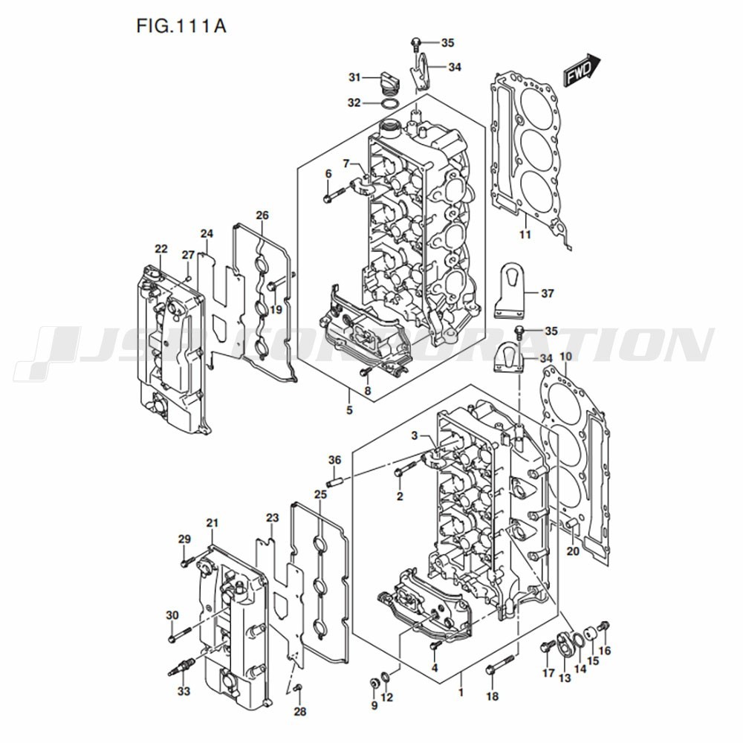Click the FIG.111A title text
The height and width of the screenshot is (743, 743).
(181, 26)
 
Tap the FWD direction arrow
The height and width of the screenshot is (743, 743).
(582, 70)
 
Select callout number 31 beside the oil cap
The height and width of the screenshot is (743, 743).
(355, 77)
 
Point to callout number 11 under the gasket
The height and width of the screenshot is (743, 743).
(525, 234)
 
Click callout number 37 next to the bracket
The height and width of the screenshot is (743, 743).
(548, 293)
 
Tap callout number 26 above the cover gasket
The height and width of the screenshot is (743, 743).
(262, 215)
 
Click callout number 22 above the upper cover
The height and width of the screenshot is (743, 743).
(161, 249)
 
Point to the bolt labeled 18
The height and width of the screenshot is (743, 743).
(499, 663)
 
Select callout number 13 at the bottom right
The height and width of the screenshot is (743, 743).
(565, 678)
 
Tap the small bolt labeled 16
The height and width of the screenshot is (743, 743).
(603, 626)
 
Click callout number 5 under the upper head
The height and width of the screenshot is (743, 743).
(349, 410)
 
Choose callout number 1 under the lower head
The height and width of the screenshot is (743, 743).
(461, 692)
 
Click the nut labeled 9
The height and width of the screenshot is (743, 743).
(374, 684)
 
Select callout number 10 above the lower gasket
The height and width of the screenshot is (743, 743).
(565, 357)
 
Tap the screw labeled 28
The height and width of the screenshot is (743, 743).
(298, 687)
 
